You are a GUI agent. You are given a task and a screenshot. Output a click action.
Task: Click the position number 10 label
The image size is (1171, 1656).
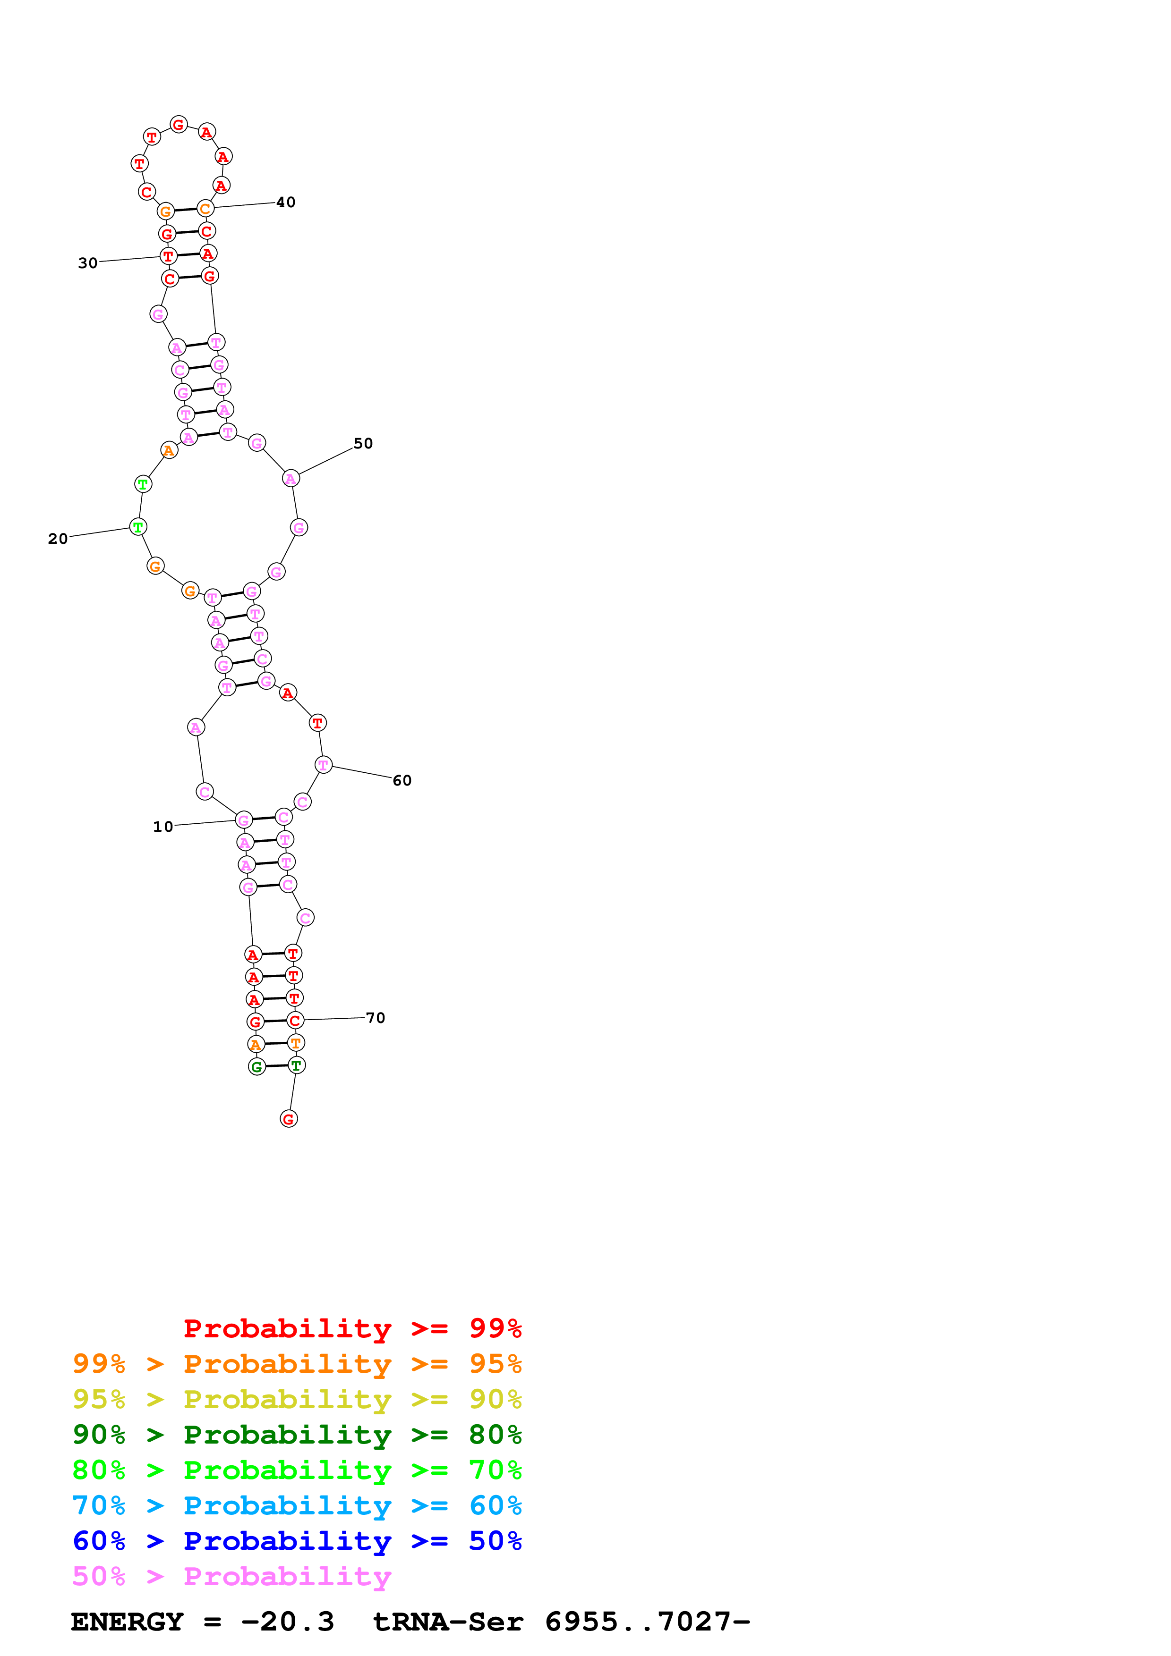coord(163,827)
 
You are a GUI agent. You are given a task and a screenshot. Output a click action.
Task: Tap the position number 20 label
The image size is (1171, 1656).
coord(58,539)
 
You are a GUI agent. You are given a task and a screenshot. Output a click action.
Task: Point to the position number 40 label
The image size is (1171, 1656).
coord(286,203)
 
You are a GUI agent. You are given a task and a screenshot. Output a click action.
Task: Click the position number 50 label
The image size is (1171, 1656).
coord(363,444)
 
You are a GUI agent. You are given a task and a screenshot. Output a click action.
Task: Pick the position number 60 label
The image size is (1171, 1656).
coord(402,780)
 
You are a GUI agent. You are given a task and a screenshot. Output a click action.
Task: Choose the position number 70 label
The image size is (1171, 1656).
coord(375,1018)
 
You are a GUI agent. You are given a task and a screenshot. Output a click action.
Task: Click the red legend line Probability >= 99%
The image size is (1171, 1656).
coord(352,1328)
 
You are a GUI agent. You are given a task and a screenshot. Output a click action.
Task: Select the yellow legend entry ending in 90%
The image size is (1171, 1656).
coord(297,1399)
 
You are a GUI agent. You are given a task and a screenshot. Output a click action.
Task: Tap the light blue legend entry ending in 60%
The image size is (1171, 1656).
coord(297,1505)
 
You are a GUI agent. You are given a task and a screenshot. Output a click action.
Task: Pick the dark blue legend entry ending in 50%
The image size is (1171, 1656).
coord(297,1541)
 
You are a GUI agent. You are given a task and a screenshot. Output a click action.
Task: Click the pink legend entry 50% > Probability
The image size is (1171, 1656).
coord(231,1576)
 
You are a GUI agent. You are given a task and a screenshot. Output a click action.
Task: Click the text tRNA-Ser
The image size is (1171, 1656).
coord(447,1622)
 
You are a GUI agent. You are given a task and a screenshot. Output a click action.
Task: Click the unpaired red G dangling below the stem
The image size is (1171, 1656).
coord(289,1119)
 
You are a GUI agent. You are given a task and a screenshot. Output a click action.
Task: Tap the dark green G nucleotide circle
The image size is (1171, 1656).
coord(257,1067)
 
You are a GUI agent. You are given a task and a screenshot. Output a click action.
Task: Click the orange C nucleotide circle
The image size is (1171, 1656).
coord(205,209)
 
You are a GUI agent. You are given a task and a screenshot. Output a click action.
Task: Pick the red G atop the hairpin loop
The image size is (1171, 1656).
coord(179,125)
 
